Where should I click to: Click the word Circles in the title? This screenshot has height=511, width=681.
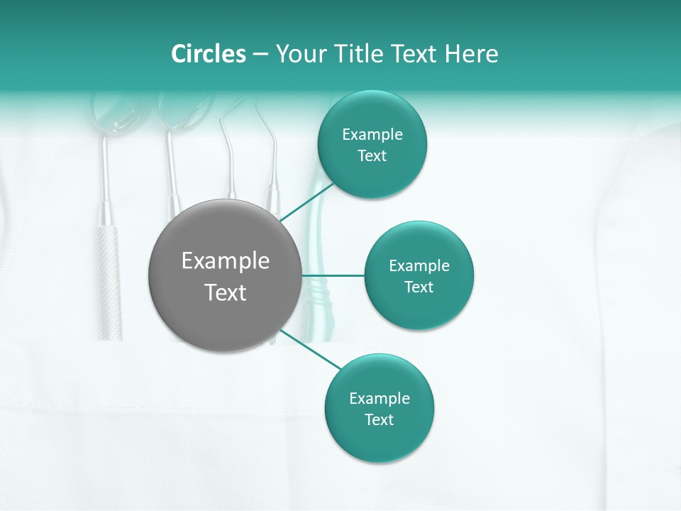(208, 54)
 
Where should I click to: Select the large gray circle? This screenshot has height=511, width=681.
(225, 276)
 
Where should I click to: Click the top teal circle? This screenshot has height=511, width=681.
(372, 145)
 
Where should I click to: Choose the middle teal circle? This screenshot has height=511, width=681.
(419, 275)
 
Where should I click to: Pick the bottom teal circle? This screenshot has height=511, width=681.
(379, 408)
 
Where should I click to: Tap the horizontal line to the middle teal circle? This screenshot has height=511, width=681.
(333, 275)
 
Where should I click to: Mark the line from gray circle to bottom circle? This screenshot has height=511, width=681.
(311, 350)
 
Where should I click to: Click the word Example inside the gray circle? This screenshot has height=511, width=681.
(226, 261)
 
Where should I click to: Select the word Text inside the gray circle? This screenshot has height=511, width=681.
(226, 292)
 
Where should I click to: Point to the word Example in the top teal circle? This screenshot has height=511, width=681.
(372, 135)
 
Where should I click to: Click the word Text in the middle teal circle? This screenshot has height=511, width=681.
(419, 287)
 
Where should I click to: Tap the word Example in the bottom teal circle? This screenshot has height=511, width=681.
(380, 398)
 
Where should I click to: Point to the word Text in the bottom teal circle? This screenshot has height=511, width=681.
(379, 419)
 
